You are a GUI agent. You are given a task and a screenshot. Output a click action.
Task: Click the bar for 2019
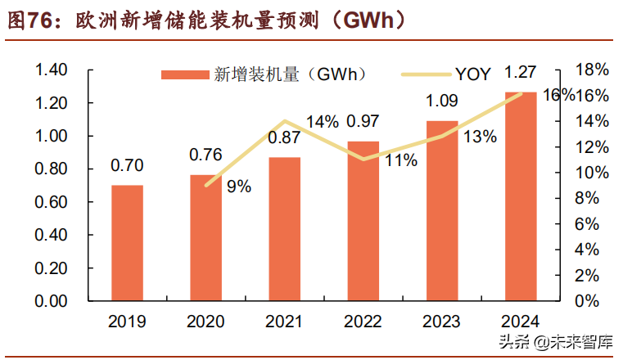coord(127,243)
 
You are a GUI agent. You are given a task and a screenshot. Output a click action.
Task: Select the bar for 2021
coord(285,229)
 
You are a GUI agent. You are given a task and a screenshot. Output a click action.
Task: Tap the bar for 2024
coord(521,196)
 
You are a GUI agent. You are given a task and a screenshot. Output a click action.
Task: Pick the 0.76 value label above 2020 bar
coord(205,155)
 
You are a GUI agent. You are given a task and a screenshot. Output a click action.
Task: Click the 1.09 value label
coord(442,102)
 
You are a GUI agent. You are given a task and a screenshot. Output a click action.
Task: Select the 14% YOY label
coord(322,122)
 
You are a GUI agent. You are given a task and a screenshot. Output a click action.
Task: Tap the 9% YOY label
coord(239,187)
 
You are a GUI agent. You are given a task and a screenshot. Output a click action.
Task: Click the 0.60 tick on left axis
coord(51,202)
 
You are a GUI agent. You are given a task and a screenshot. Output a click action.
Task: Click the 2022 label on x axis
coord(363,321)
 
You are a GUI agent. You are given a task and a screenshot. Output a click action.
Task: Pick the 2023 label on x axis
coord(442,321)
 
